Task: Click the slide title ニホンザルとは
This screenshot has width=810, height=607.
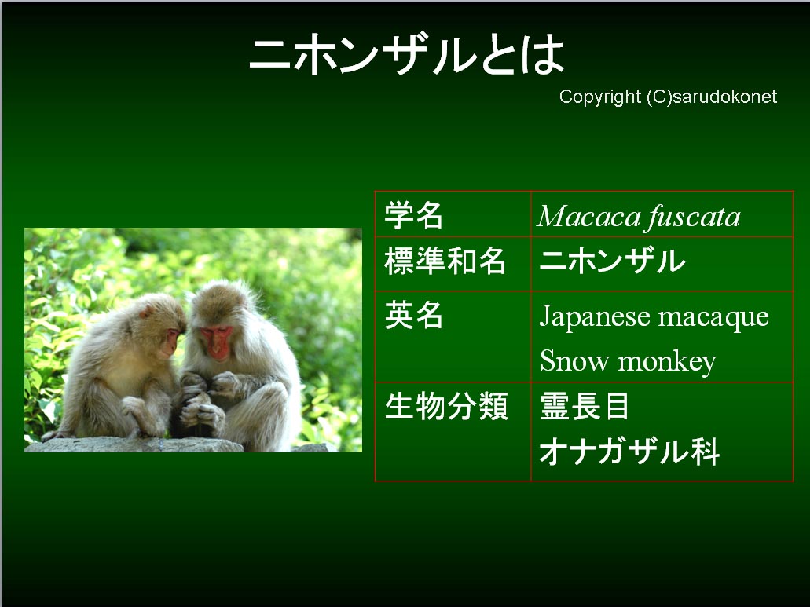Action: coord(406,55)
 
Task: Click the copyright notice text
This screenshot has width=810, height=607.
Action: coord(668,97)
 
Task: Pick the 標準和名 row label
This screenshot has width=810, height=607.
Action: coord(445,261)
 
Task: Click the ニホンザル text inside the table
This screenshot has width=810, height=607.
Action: coord(612,260)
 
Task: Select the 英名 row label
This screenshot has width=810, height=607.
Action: coord(413,315)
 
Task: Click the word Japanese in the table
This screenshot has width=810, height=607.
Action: coord(595,316)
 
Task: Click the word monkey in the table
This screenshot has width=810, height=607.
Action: coord(668,362)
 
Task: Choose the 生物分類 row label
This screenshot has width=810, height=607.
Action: coord(446,406)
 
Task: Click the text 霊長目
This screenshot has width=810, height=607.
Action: coord(585,406)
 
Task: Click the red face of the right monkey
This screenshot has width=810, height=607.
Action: coord(217,342)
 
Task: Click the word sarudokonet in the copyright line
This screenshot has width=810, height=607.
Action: coord(725,97)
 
